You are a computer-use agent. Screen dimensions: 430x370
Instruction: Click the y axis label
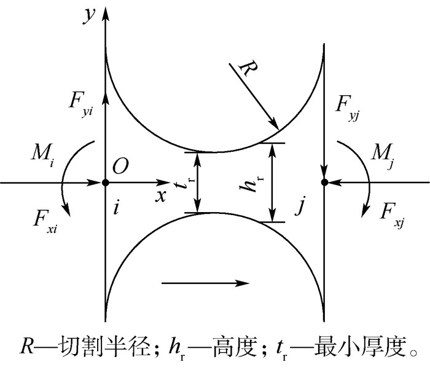pyautogui.click(x=89, y=17)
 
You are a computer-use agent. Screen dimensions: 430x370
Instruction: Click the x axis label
pyautogui.click(x=161, y=195)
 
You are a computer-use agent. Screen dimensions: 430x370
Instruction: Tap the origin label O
pyautogui.click(x=120, y=167)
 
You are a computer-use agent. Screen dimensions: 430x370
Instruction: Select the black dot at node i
pyautogui.click(x=105, y=183)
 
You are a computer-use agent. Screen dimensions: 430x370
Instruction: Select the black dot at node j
pyautogui.click(x=324, y=182)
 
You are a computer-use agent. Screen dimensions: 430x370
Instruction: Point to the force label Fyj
pyautogui.click(x=347, y=108)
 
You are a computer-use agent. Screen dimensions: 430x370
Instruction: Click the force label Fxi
pyautogui.click(x=45, y=222)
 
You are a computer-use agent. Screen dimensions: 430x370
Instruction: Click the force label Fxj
pyautogui.click(x=392, y=215)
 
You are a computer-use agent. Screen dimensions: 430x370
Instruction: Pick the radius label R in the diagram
pyautogui.click(x=248, y=69)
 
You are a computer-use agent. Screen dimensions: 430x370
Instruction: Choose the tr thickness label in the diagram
pyautogui.click(x=184, y=183)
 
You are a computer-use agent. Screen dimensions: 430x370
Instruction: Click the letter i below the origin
pyautogui.click(x=116, y=208)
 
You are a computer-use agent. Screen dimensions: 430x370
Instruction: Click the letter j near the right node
pyautogui.click(x=301, y=205)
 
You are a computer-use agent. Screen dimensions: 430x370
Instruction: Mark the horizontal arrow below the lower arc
pyautogui.click(x=205, y=283)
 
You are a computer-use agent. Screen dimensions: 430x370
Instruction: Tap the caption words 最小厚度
pyautogui.click(x=360, y=345)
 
